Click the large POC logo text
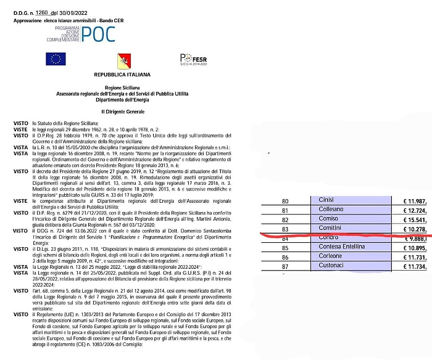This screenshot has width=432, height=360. (98, 34)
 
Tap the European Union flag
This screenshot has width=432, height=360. (56, 60)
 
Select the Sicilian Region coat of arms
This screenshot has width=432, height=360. (124, 60)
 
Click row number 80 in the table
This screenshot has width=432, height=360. (285, 201)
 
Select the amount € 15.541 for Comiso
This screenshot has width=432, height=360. (415, 219)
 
